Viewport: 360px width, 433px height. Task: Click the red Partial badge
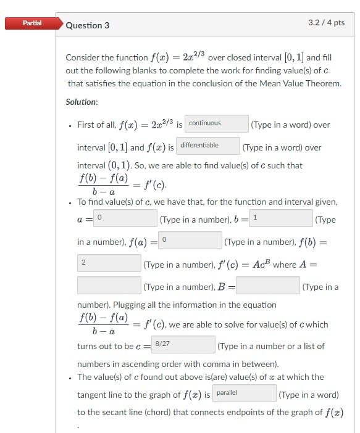click(x=32, y=23)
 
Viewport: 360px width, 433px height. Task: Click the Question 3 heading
click(x=88, y=25)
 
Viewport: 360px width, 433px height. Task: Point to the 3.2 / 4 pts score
click(x=326, y=23)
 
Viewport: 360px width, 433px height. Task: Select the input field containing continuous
click(x=216, y=123)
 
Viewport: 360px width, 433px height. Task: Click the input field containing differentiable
click(x=207, y=146)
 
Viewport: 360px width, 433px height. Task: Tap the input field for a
click(x=126, y=218)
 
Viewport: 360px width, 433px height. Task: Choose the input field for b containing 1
click(x=281, y=218)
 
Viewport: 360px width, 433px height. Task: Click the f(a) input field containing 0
click(x=191, y=241)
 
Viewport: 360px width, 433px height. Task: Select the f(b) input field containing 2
click(x=109, y=263)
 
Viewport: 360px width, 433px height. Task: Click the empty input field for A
click(x=109, y=286)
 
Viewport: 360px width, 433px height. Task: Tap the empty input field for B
click(x=268, y=286)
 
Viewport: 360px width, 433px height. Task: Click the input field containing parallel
click(x=245, y=393)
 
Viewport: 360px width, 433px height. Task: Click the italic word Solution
click(x=81, y=102)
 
